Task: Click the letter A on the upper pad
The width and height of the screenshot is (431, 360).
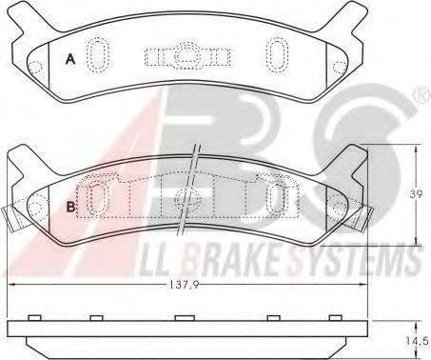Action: point(70,59)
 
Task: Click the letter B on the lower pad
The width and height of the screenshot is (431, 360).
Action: point(71,207)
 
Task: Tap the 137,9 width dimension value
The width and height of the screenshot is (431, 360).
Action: point(184,285)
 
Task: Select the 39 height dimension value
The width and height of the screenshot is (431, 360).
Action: point(416,194)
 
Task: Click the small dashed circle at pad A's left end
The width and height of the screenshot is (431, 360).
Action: point(35,67)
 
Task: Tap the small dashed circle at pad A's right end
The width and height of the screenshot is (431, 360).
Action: point(340,68)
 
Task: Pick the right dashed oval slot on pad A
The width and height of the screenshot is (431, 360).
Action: point(277,54)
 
